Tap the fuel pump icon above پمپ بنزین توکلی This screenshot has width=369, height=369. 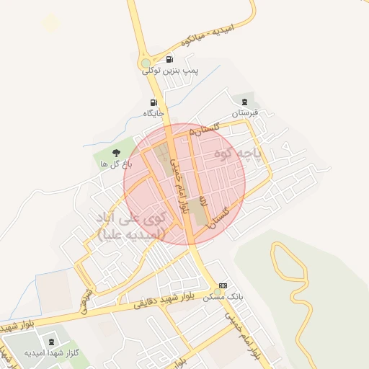click(169, 59)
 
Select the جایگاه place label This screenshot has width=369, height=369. click(154, 113)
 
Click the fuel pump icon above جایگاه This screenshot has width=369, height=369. click(154, 102)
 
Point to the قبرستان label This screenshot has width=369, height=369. click(244, 113)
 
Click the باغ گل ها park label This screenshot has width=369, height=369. click(114, 164)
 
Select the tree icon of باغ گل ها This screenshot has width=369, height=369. click(116, 152)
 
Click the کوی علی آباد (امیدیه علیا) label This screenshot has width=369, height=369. click(131, 225)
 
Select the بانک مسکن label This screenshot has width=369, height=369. click(223, 297)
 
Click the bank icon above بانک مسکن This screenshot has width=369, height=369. click(223, 286)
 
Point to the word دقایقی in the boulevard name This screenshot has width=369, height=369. click(148, 305)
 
